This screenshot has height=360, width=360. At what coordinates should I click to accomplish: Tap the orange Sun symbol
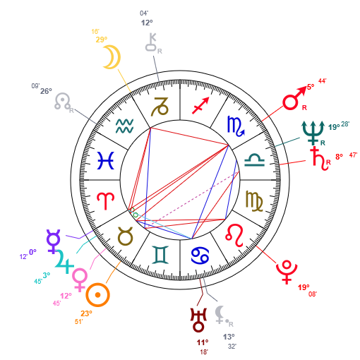tap(97, 295)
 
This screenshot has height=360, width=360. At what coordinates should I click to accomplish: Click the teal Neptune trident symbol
tap(313, 133)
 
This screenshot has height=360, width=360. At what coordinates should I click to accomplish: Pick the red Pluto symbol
tap(287, 272)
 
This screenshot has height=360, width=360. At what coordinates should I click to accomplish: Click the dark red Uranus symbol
tap(198, 320)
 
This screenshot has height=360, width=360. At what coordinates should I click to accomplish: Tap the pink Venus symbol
tap(80, 280)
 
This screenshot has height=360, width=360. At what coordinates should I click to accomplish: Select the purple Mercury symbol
tap(53, 241)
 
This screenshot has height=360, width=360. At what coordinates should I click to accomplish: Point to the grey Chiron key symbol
tap(151, 42)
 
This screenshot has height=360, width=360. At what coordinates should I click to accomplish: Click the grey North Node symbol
tap(62, 102)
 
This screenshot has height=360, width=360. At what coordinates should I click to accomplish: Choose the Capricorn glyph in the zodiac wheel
tap(160, 107)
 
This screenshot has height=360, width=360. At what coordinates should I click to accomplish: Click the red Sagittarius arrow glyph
tap(200, 105)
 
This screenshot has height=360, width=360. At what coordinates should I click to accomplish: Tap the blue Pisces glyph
tap(106, 160)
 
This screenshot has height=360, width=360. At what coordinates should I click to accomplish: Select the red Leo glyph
tap(234, 235)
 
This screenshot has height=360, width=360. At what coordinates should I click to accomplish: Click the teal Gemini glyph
tap(160, 255)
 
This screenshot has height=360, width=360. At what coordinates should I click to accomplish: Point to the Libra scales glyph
tap(254, 160)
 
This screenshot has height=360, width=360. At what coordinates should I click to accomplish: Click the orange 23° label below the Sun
tap(86, 313)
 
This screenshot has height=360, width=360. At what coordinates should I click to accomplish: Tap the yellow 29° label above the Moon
tap(102, 40)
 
